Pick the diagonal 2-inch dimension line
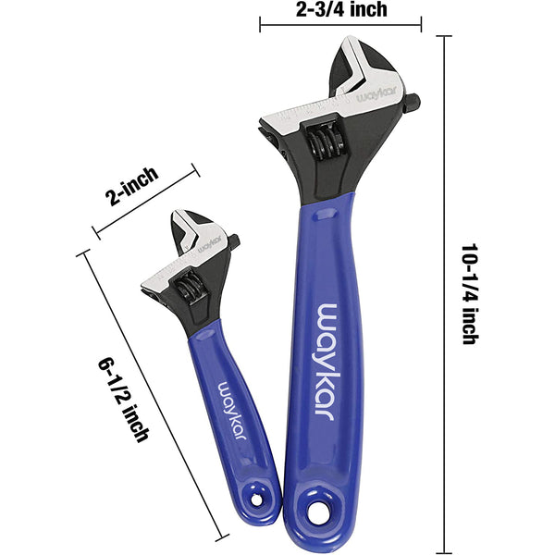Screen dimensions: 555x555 tap(147, 203)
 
